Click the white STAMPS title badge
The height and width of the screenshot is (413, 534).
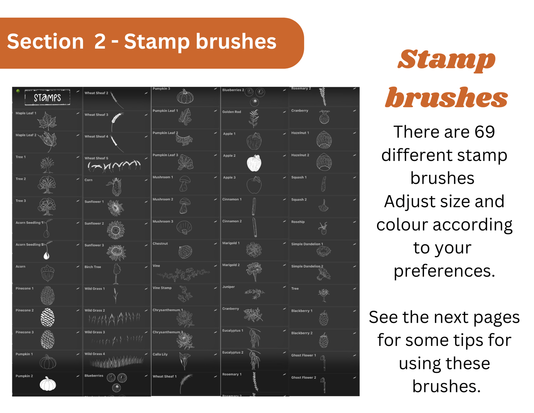47,97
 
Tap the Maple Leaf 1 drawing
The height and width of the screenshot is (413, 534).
47,121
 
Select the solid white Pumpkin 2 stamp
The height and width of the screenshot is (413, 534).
48,383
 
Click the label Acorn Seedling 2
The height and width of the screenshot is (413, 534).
30,244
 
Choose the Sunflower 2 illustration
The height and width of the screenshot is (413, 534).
116,230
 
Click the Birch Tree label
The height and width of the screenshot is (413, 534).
93,267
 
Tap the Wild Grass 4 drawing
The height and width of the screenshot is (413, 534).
116,362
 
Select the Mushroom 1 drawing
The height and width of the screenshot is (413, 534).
184,184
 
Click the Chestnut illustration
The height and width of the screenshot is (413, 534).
185,251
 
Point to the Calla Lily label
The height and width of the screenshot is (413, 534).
160,354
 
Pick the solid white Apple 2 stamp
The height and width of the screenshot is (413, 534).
254,163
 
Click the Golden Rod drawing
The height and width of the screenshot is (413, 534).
254,118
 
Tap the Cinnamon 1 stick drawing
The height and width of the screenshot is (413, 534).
254,206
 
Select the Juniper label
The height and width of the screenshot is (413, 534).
229,287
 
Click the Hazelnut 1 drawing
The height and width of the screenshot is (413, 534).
324,139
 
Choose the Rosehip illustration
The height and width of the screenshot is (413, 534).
323,228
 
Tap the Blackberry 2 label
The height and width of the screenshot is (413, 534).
302,333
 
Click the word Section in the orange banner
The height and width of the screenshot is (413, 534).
46,41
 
